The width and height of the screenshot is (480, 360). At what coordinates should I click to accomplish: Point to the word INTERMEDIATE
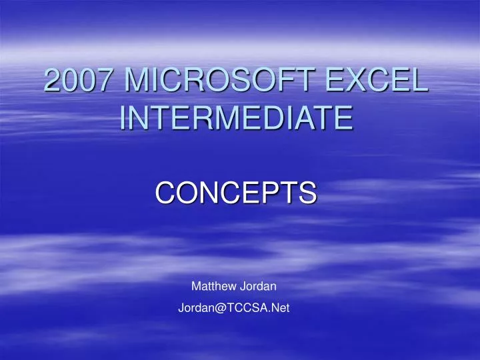click(236, 118)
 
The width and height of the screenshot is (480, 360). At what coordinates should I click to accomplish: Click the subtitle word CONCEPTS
click(236, 193)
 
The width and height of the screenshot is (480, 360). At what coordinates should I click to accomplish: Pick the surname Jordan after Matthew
click(259, 287)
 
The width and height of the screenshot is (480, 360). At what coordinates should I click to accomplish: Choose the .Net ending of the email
click(279, 308)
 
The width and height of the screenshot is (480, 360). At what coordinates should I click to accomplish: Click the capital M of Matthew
click(196, 287)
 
